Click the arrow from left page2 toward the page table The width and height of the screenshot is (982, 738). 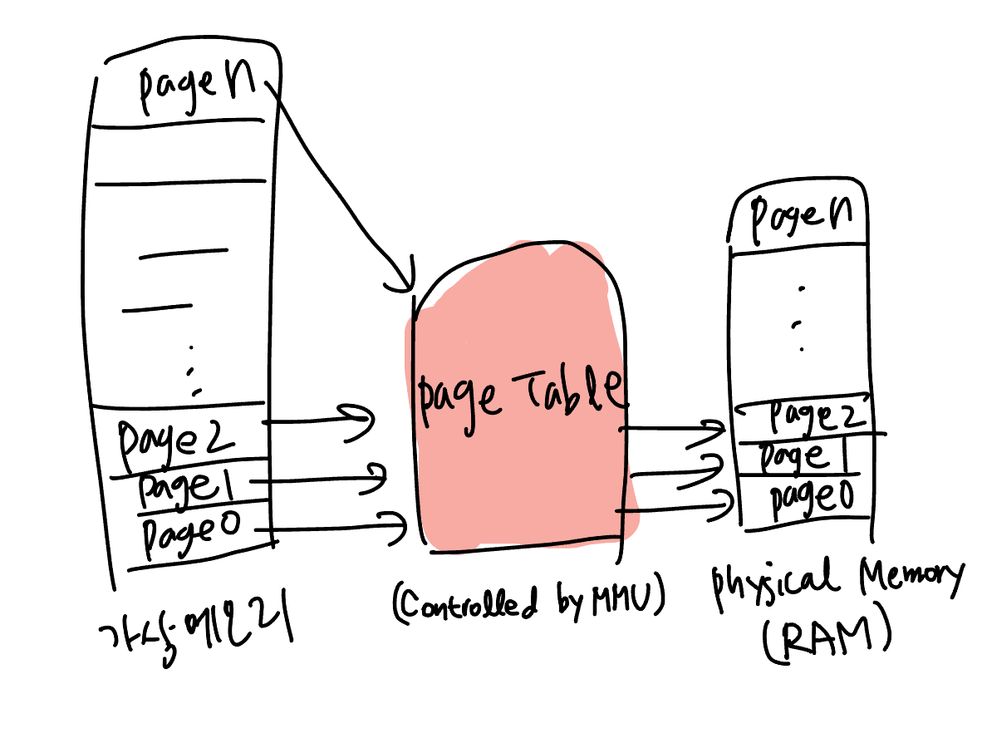click(320, 419)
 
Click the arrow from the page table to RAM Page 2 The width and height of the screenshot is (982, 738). click(673, 430)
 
